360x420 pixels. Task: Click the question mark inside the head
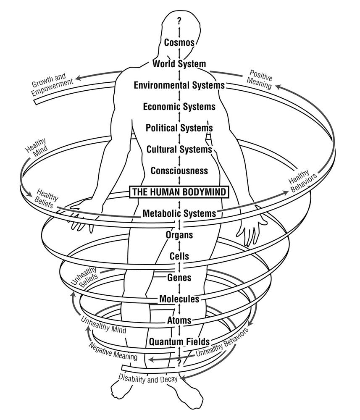179,20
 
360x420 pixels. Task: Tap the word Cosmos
179,42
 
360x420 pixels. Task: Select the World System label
179,64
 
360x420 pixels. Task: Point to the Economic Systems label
179,107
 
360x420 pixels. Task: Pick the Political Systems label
179,128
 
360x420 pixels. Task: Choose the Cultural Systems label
179,149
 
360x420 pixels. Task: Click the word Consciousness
179,171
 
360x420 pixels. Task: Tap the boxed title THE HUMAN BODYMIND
179,192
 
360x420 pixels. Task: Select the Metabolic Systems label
179,213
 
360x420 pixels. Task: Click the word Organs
179,235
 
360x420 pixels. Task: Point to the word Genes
179,278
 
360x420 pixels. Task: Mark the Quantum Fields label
179,341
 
